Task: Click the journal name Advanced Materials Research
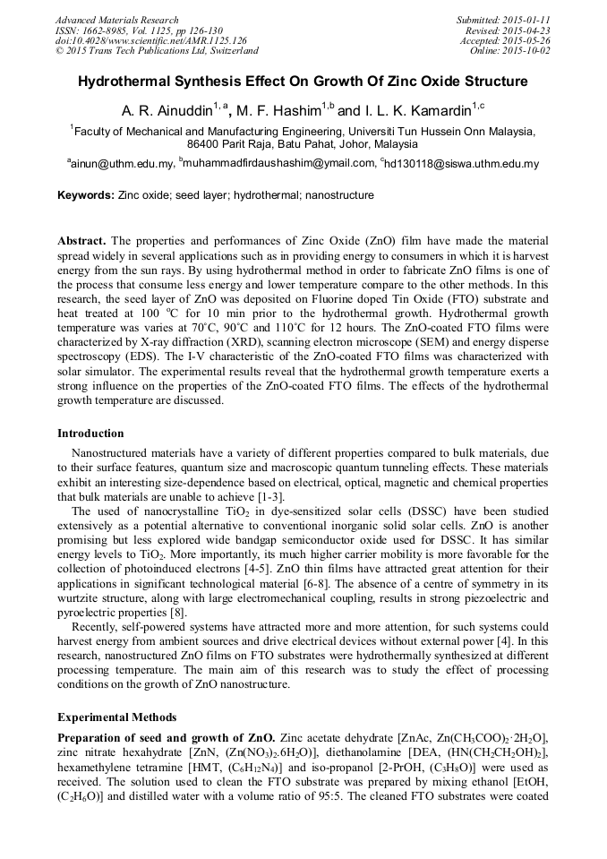pyautogui.click(x=116, y=20)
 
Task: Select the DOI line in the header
pyautogui.click(x=150, y=40)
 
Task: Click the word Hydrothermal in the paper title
pyautogui.click(x=124, y=82)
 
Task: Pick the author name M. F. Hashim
pyautogui.click(x=280, y=110)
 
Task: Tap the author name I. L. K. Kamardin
pyautogui.click(x=416, y=110)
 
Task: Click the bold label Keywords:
pyautogui.click(x=86, y=195)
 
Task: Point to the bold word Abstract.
pyautogui.click(x=81, y=243)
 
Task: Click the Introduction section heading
pyautogui.click(x=90, y=434)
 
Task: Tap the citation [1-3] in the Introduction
pyautogui.click(x=270, y=496)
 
